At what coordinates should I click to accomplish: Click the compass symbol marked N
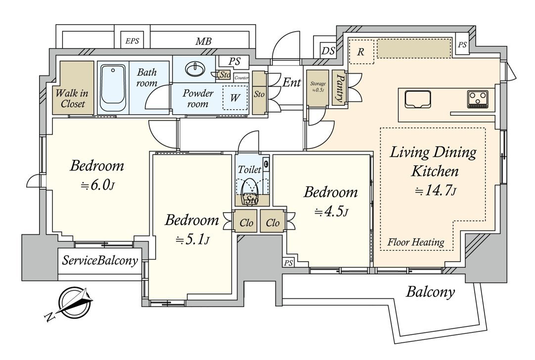(x=74, y=303)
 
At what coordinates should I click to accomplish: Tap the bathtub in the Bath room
(x=113, y=88)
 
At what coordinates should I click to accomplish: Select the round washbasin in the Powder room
(x=194, y=69)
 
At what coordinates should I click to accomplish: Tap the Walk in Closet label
(x=73, y=98)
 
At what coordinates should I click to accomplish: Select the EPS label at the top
(x=132, y=42)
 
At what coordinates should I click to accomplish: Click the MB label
(x=203, y=42)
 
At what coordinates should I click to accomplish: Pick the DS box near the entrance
(x=328, y=50)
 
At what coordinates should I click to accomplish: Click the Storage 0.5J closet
(x=318, y=88)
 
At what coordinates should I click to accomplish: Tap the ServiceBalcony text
(x=100, y=261)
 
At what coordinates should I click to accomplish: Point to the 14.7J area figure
(x=434, y=190)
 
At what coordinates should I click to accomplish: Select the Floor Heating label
(x=415, y=242)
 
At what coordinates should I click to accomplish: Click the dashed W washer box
(x=234, y=98)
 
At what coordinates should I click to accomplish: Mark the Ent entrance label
(x=292, y=82)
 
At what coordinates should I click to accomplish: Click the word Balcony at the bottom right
(x=430, y=292)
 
